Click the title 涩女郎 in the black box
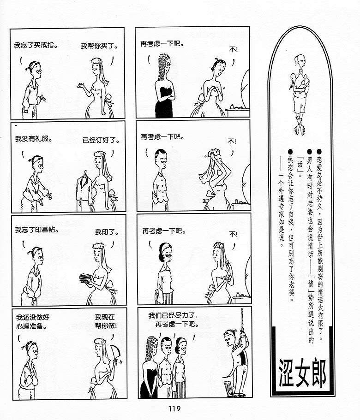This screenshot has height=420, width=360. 303,373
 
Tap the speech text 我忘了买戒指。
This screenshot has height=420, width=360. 36,45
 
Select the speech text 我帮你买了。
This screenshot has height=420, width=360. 99,46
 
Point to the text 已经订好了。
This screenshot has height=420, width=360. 101,140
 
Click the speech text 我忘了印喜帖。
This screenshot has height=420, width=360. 37,230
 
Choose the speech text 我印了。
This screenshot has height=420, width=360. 107,232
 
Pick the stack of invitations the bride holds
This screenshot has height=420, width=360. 85,278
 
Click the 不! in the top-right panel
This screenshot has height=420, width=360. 233,49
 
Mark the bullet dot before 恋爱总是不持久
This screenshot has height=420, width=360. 319,152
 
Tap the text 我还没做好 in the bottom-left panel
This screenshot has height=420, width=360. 33,317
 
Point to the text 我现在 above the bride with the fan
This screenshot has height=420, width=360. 105,317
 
